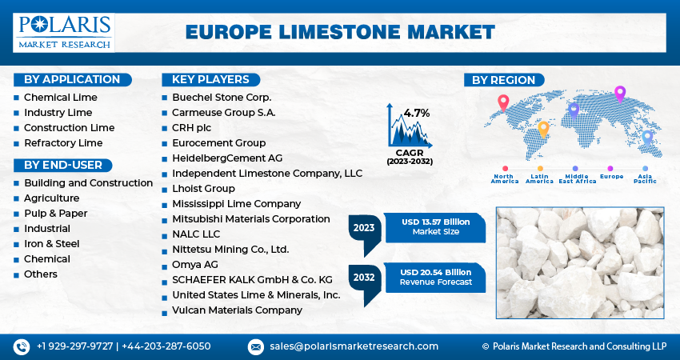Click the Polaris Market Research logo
64,32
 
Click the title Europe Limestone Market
340,33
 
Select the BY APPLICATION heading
72,79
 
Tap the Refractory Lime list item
63,143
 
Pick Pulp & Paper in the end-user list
55,214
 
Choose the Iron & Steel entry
51,244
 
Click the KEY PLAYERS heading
210,79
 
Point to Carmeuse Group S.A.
223,113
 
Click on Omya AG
194,265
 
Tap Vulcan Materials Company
237,310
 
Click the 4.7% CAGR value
417,113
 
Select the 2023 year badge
364,228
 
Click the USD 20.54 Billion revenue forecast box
436,277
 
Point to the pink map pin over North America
503,102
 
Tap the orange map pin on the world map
543,128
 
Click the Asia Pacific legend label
645,178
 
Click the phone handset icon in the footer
21,346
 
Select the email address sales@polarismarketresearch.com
354,346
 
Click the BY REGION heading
504,80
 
